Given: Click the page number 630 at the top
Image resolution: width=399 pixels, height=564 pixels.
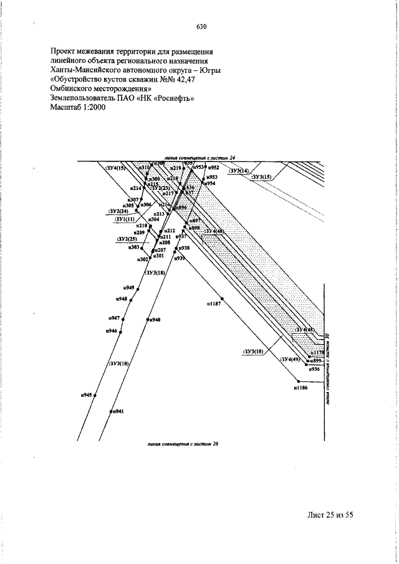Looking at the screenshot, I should pyautogui.click(x=201, y=27).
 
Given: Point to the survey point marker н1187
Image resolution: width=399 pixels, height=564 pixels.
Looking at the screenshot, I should pyautogui.click(x=223, y=299).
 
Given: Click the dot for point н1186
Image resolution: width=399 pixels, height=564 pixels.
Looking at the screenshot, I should pyautogui.click(x=299, y=381).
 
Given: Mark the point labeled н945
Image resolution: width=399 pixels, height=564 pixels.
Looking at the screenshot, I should pyautogui.click(x=95, y=395).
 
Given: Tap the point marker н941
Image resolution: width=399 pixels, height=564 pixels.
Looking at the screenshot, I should pyautogui.click(x=110, y=411).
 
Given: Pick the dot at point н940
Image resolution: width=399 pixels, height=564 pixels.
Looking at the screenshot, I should pyautogui.click(x=147, y=320).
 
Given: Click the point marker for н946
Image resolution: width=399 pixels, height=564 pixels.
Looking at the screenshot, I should pyautogui.click(x=120, y=332).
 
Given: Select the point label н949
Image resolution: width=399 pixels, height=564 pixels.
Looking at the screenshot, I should pyautogui.click(x=129, y=287).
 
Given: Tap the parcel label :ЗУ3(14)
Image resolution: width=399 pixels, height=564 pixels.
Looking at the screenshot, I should pyautogui.click(x=238, y=171).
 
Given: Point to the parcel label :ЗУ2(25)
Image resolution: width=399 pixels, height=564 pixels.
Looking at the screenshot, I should pyautogui.click(x=127, y=239).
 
